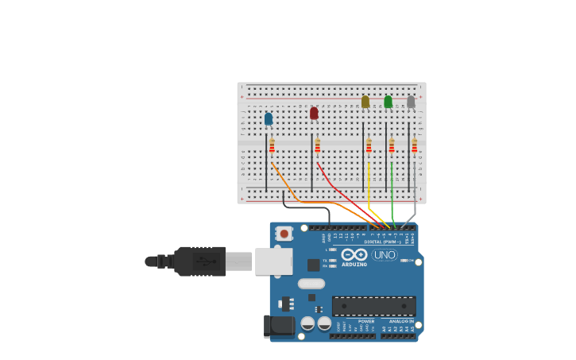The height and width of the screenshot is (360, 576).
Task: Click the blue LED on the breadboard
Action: point(269,118)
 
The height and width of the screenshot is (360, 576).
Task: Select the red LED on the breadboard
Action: point(314,113)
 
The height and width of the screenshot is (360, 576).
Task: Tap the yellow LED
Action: point(365,102)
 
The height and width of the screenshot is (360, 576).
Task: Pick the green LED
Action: point(388,102)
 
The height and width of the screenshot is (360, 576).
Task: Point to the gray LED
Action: point(411,102)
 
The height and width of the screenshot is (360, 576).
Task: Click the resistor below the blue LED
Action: point(272,146)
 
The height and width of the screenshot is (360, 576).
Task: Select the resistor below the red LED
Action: point(318,146)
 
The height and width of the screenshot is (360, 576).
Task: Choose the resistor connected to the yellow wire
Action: point(369,146)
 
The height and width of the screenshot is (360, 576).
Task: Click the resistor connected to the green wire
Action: point(392,146)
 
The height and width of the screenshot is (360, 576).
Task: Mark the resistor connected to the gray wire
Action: point(414,146)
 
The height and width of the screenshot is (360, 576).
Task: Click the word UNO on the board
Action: point(385,255)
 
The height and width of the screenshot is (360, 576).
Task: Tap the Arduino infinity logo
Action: point(354,254)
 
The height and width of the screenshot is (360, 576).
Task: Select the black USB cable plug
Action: point(199,261)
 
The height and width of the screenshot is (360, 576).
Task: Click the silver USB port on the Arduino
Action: point(273,261)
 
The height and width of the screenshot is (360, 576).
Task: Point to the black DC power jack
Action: point(278,325)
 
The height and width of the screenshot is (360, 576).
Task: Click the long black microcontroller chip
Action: point(373,306)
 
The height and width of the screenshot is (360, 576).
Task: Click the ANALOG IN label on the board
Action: point(400,321)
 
